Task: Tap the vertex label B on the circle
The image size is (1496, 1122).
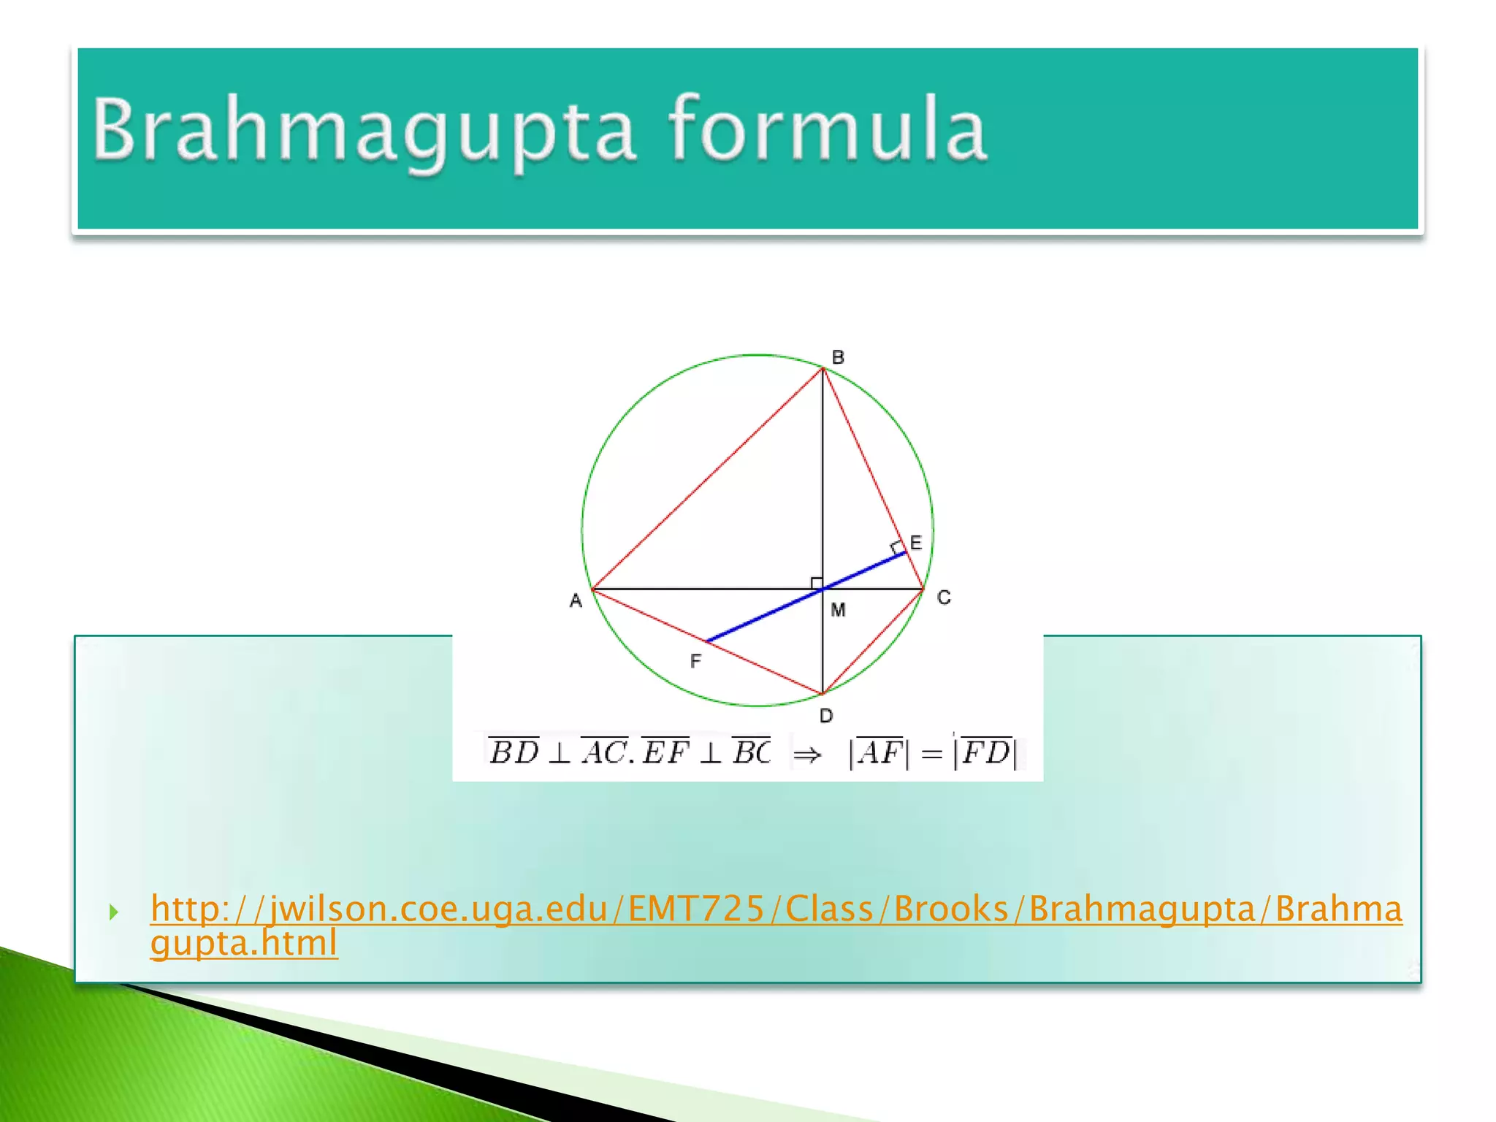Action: point(838,357)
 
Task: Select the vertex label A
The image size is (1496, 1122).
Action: point(576,600)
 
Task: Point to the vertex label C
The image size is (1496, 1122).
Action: point(944,598)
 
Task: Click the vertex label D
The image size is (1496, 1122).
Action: point(826,716)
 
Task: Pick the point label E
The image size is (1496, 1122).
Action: point(916,542)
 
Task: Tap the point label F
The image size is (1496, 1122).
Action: point(695,661)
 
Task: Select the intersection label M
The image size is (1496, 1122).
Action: point(838,609)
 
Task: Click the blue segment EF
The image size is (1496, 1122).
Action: point(767,614)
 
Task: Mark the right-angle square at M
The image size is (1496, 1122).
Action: point(817,582)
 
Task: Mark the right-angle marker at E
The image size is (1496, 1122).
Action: point(897,548)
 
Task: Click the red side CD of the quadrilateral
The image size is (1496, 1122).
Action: point(873,641)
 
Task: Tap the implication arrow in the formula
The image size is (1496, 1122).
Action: point(807,755)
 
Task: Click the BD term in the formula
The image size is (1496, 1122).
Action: point(514,752)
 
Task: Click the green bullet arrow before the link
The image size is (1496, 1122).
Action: point(113,911)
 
